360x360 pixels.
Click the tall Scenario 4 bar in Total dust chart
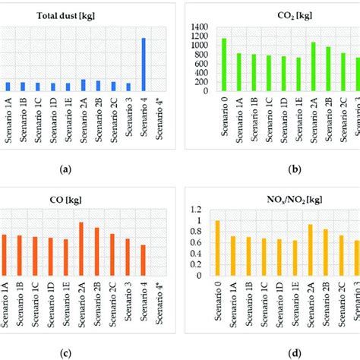[144, 65]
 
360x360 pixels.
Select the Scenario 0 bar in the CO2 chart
[224, 65]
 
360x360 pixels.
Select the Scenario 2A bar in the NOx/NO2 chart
[310, 250]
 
